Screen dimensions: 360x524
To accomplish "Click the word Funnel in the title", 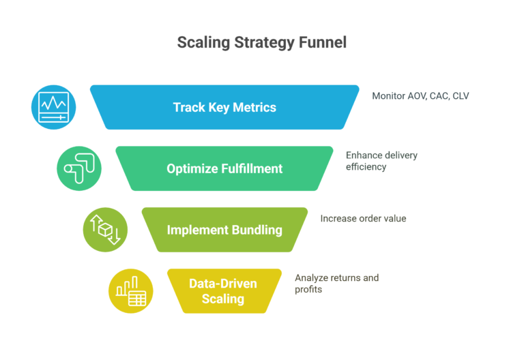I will point(323,42).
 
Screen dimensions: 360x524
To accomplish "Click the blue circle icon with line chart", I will point(53,107).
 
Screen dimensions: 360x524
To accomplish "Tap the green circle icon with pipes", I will point(79,168).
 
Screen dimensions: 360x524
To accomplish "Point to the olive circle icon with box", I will point(105,230).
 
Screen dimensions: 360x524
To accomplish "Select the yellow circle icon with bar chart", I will point(131,291).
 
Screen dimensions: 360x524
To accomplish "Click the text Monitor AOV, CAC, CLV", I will point(420,96).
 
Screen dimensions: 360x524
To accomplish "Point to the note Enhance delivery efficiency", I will point(381,161).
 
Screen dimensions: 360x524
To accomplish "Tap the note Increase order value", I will point(363,219).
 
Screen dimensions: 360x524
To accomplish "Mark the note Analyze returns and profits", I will point(336,284).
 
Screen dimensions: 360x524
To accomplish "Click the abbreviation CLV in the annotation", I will point(461,96).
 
